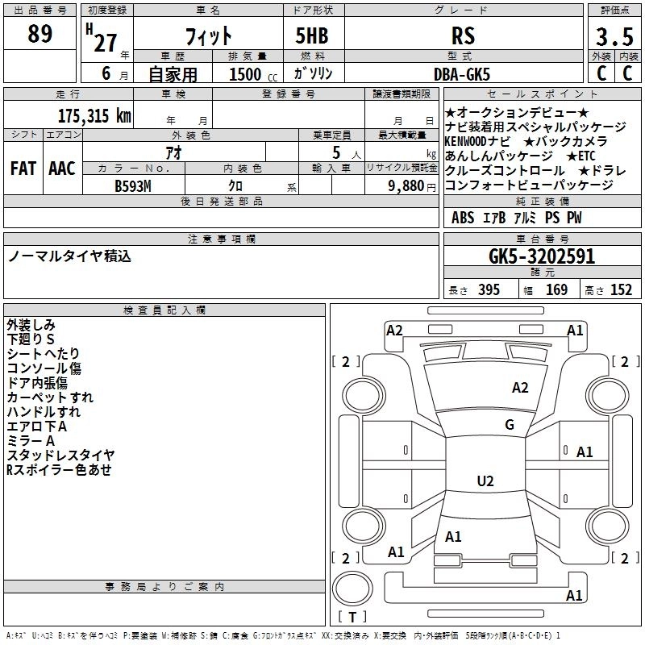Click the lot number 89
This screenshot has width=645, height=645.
coord(40,34)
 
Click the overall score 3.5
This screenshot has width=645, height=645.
coord(613,37)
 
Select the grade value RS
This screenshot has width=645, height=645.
coord(463,36)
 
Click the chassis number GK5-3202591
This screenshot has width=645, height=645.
coord(542,257)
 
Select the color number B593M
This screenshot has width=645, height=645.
coord(134,185)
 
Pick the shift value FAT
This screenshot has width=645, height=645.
coord(23,169)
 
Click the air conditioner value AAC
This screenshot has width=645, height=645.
coord(62,169)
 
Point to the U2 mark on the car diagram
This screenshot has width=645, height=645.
coord(485,481)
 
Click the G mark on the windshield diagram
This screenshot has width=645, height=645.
coord(509,425)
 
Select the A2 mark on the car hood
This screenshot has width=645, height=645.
coord(520,388)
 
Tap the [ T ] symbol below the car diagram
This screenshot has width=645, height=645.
coord(351,618)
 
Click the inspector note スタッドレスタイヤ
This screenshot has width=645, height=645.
coord(60,456)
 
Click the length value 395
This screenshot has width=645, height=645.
coord(488,290)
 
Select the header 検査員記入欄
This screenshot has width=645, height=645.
coord(164,310)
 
